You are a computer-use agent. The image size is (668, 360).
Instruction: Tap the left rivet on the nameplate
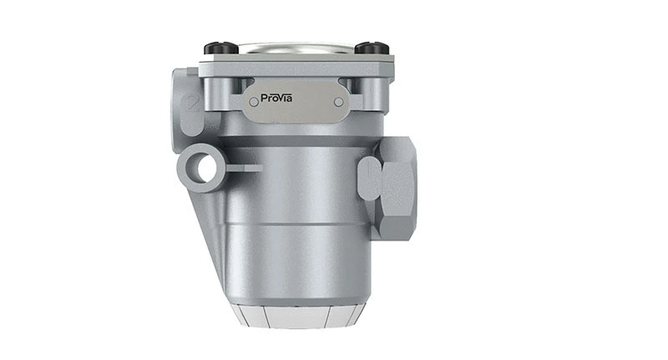tap(254, 102)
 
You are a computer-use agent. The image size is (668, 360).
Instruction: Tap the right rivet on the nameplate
tap(337, 102)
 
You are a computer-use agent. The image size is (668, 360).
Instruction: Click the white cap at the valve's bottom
tap(297, 316)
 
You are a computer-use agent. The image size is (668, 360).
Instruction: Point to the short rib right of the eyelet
tap(244, 168)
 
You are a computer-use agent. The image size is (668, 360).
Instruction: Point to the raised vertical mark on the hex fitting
tap(370, 178)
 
